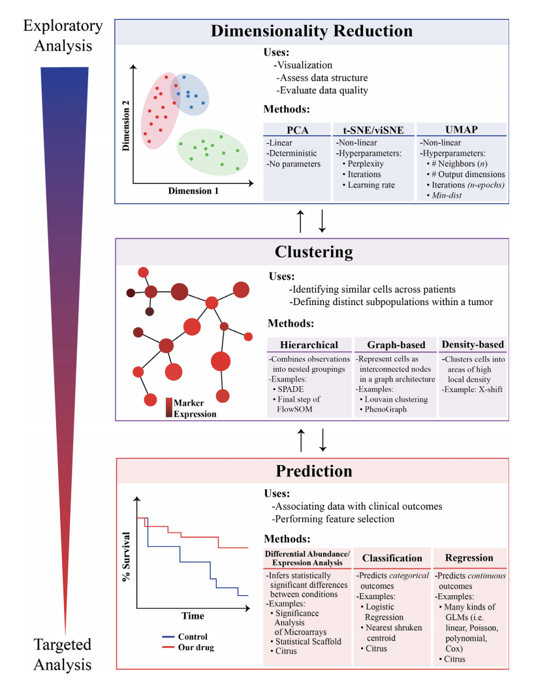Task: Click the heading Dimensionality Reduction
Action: point(311,31)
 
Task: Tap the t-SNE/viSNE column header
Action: point(373,129)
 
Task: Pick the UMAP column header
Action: point(462,129)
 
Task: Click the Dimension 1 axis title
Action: point(193,191)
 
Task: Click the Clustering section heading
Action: point(314,252)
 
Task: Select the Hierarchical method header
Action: point(309,344)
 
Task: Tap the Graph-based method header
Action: point(396,344)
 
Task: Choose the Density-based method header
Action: point(473,344)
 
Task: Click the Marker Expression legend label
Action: point(195,408)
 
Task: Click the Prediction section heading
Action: point(314,470)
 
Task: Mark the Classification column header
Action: point(392,557)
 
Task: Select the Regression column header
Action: point(469,557)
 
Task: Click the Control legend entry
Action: point(193,636)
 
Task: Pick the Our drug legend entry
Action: point(196,647)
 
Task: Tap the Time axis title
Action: point(193,615)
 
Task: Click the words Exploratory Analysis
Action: point(63,36)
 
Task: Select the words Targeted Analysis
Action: point(63,655)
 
